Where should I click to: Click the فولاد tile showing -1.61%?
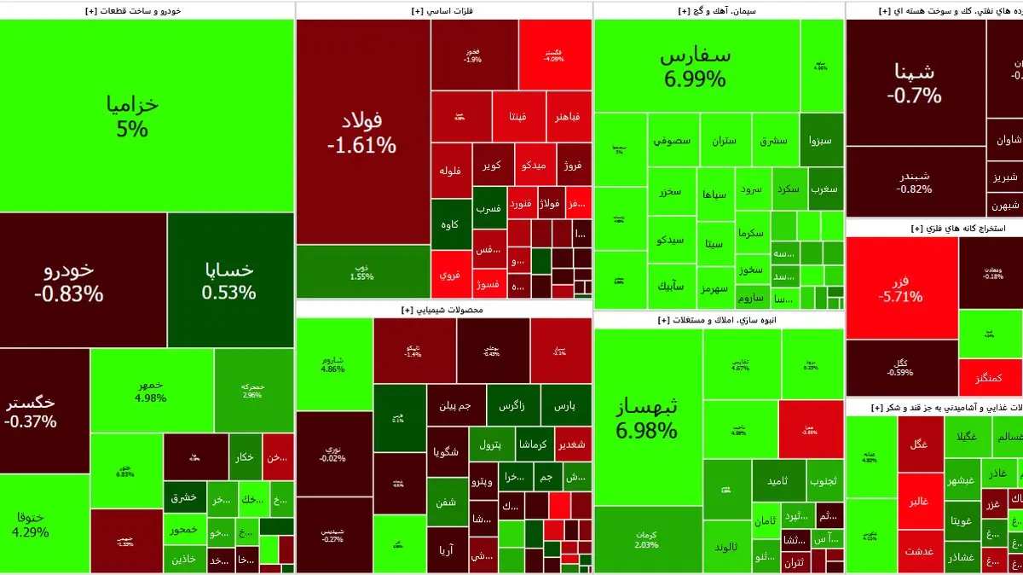(362, 132)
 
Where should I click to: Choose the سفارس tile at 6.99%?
(696, 67)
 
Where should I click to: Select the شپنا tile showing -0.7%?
(915, 83)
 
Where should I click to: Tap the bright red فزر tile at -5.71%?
(901, 287)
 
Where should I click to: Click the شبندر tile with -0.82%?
(915, 182)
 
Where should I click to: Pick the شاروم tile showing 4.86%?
(333, 363)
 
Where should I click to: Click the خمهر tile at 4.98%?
(151, 390)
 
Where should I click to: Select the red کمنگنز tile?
(990, 377)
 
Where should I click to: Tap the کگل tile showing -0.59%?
(900, 368)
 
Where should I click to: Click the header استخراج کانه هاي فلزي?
(933, 229)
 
